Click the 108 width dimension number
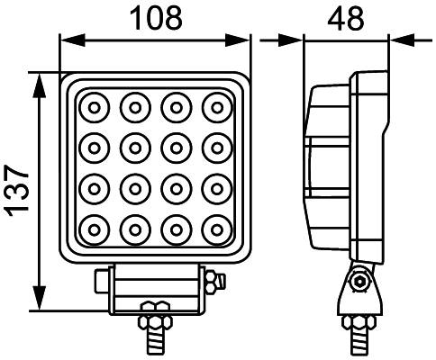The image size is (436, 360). pos(155,16)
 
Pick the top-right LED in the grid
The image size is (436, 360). pos(216,107)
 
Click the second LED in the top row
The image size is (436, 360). pos(133,107)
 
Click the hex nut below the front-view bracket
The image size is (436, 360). pos(152,320)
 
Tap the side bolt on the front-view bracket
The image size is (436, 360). pos(213,283)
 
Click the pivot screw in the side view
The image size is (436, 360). pos(360,283)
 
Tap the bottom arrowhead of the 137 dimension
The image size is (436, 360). pos(39,301)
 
